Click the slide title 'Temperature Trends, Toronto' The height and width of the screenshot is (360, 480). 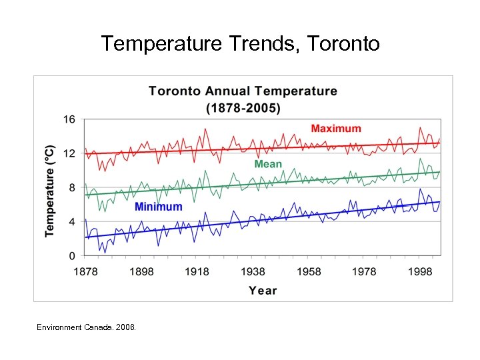click(240, 44)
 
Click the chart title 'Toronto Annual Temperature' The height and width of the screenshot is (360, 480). click(243, 91)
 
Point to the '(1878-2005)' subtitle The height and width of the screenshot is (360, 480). click(243, 107)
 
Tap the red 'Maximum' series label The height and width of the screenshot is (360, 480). click(336, 129)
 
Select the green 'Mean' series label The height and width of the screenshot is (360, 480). click(268, 164)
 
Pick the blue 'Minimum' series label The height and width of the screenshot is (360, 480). click(158, 207)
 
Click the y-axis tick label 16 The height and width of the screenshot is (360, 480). click(69, 119)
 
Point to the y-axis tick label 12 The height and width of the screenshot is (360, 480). click(69, 153)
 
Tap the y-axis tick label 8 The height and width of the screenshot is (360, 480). click(72, 187)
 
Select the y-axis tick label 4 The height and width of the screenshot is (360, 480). click(72, 222)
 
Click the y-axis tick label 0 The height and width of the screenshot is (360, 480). click(72, 256)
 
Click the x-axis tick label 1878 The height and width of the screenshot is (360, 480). click(86, 271)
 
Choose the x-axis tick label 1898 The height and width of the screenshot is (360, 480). click(141, 271)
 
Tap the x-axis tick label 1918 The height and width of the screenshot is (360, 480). click(197, 271)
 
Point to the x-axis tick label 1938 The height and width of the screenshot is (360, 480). click(253, 271)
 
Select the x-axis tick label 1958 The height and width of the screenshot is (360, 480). click(308, 271)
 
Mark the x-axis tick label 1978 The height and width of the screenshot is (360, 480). click(364, 271)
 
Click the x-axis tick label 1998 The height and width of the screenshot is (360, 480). click(419, 271)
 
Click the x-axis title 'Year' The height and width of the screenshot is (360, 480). click(263, 290)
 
